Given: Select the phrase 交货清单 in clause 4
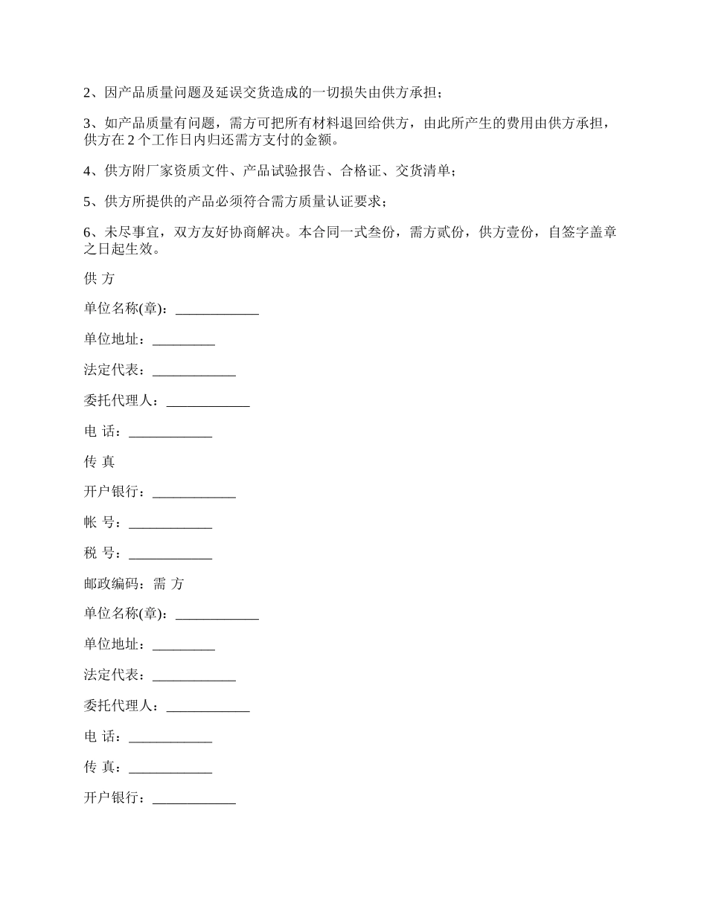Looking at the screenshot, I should [423, 171].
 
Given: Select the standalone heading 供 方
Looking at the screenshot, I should [99, 279].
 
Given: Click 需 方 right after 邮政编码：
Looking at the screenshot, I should [168, 584].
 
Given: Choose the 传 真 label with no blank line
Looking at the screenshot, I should [99, 462].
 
